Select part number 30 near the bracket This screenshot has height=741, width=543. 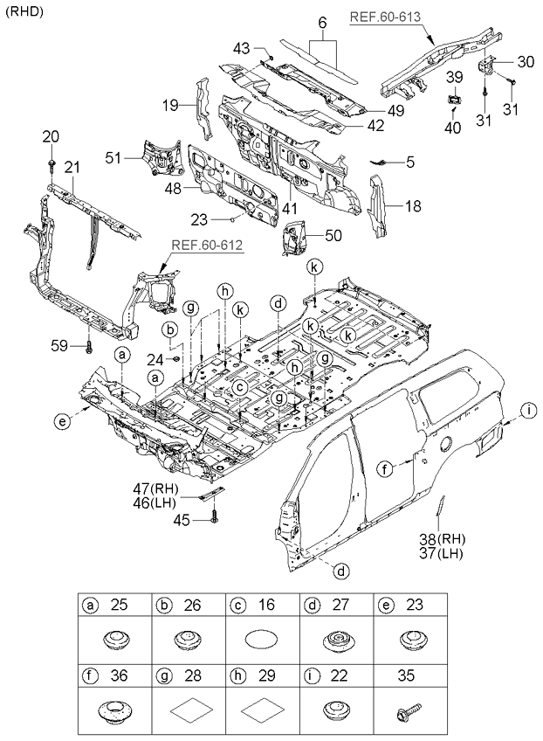point(526,61)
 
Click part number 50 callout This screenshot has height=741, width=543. point(334,235)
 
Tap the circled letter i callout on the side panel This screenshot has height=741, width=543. point(529,410)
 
